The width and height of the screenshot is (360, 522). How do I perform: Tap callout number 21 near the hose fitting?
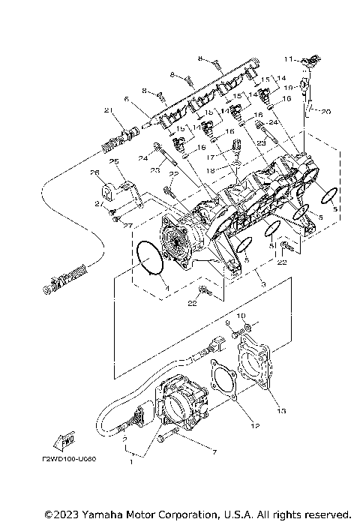tap(108, 111)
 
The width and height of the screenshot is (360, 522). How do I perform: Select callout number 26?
tap(94, 172)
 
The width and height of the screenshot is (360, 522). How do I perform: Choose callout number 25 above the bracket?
tap(114, 161)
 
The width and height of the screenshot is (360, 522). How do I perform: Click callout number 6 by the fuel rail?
tap(127, 98)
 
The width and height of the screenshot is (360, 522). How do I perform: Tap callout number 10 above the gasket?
tap(241, 316)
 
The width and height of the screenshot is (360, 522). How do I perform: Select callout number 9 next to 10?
tap(227, 322)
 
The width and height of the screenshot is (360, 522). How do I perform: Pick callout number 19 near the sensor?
tap(287, 86)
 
